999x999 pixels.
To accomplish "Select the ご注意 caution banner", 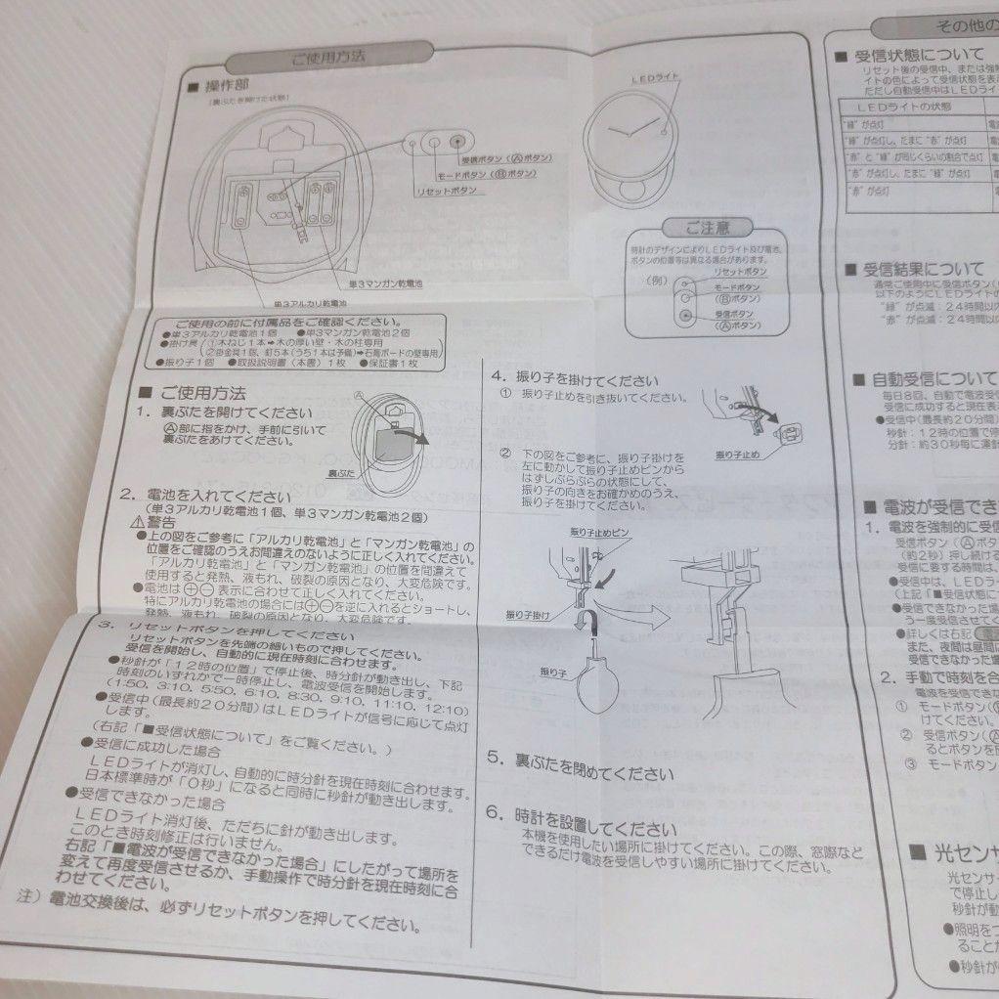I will (705, 229).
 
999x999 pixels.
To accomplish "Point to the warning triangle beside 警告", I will (137, 523).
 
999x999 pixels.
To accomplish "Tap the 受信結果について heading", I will (920, 269).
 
